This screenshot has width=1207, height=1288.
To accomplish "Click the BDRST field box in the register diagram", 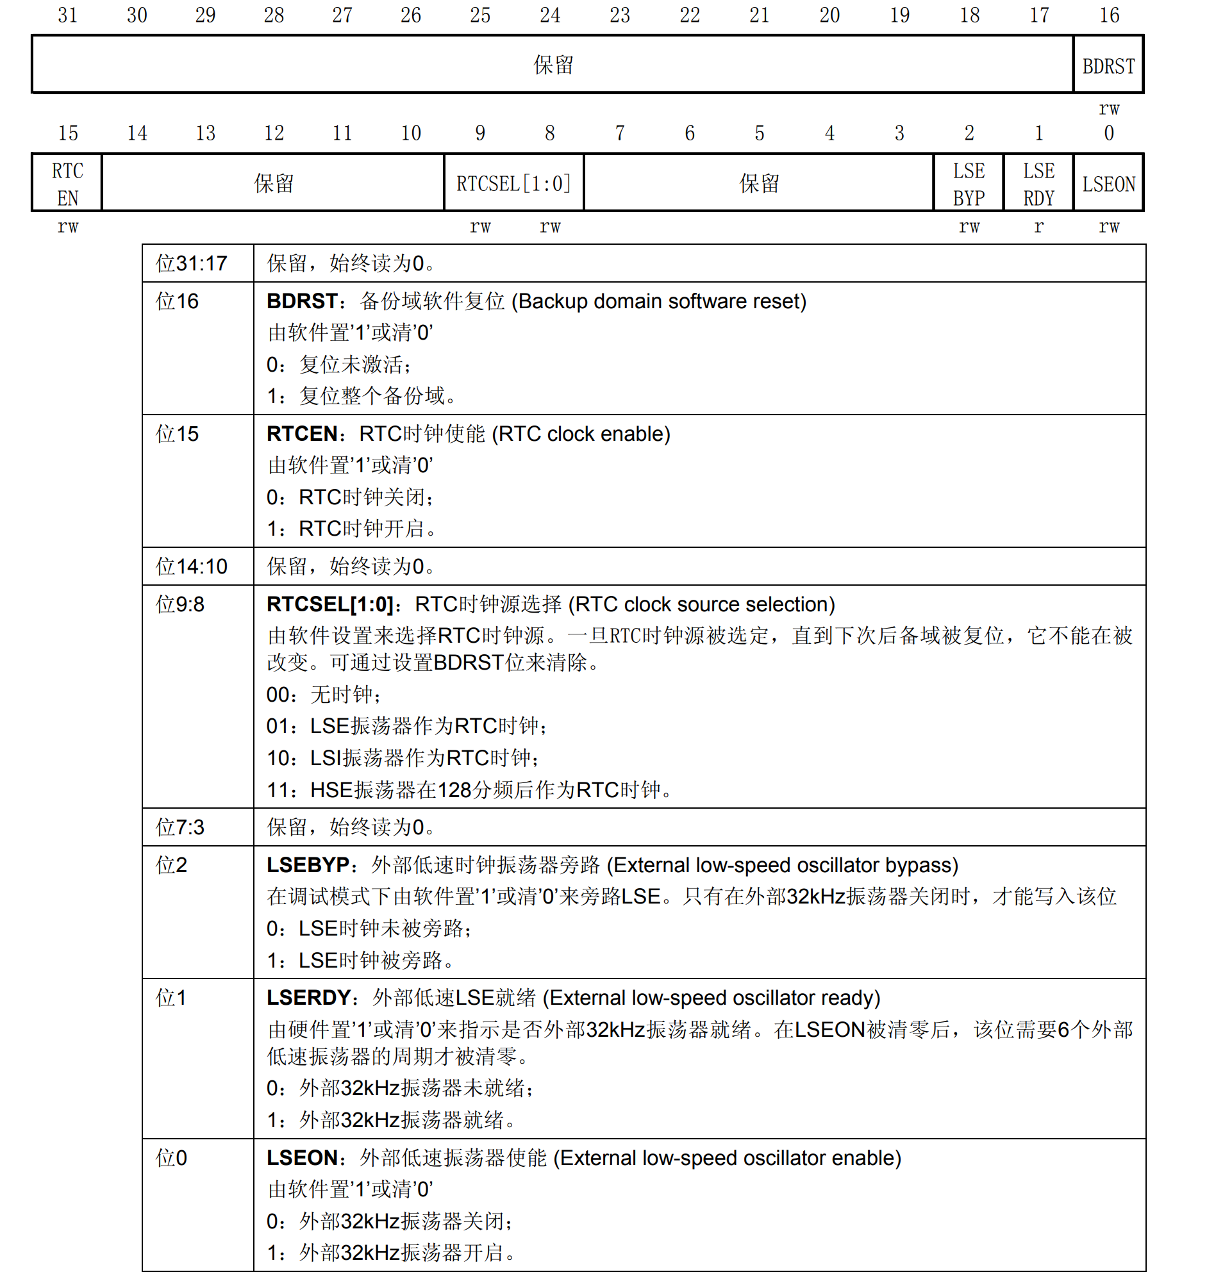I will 1107,65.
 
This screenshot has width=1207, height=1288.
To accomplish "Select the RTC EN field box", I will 67,184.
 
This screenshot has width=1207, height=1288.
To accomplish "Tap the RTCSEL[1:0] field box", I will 513,184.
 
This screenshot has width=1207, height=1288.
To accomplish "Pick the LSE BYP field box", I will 968,184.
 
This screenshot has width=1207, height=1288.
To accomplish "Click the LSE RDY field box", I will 1038,184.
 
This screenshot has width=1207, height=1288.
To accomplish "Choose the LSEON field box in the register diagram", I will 1108,184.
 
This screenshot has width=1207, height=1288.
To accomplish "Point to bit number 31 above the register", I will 67,15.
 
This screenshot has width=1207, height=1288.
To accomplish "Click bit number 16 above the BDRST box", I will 1108,15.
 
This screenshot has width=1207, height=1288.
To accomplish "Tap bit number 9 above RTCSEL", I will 479,133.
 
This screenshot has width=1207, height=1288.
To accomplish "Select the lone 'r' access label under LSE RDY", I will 1038,226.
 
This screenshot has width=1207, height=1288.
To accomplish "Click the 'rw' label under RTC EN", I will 67,226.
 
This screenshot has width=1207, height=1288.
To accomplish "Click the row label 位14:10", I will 191,567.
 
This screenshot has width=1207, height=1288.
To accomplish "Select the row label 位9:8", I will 179,604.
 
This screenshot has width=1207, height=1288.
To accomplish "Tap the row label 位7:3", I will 179,827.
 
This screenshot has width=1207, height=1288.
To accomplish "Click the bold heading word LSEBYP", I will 308,866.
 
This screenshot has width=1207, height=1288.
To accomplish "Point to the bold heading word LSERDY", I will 308,998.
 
